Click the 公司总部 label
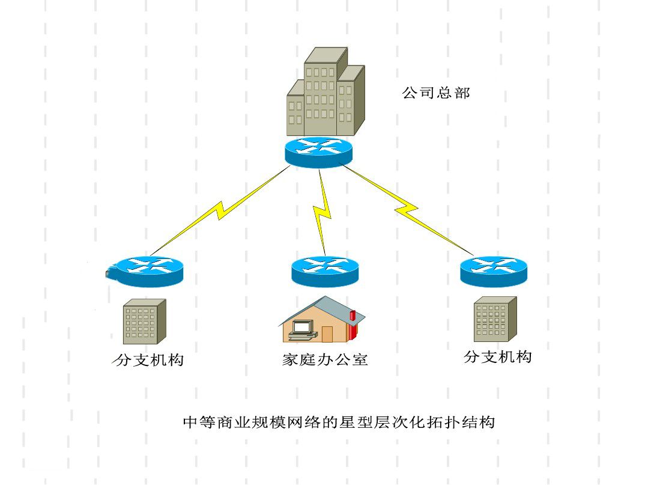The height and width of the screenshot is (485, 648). click(x=436, y=93)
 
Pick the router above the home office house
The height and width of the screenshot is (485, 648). click(x=324, y=270)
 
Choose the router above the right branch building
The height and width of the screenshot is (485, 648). click(x=493, y=270)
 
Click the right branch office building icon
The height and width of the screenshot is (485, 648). click(x=495, y=319)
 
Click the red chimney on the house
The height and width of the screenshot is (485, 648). click(x=353, y=317)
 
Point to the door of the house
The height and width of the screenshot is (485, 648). click(x=327, y=334)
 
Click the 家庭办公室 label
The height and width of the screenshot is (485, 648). click(x=325, y=359)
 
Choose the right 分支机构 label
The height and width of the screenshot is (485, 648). click(x=498, y=356)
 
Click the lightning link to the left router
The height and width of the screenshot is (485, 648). click(x=219, y=210)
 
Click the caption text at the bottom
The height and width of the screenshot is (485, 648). click(x=339, y=422)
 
